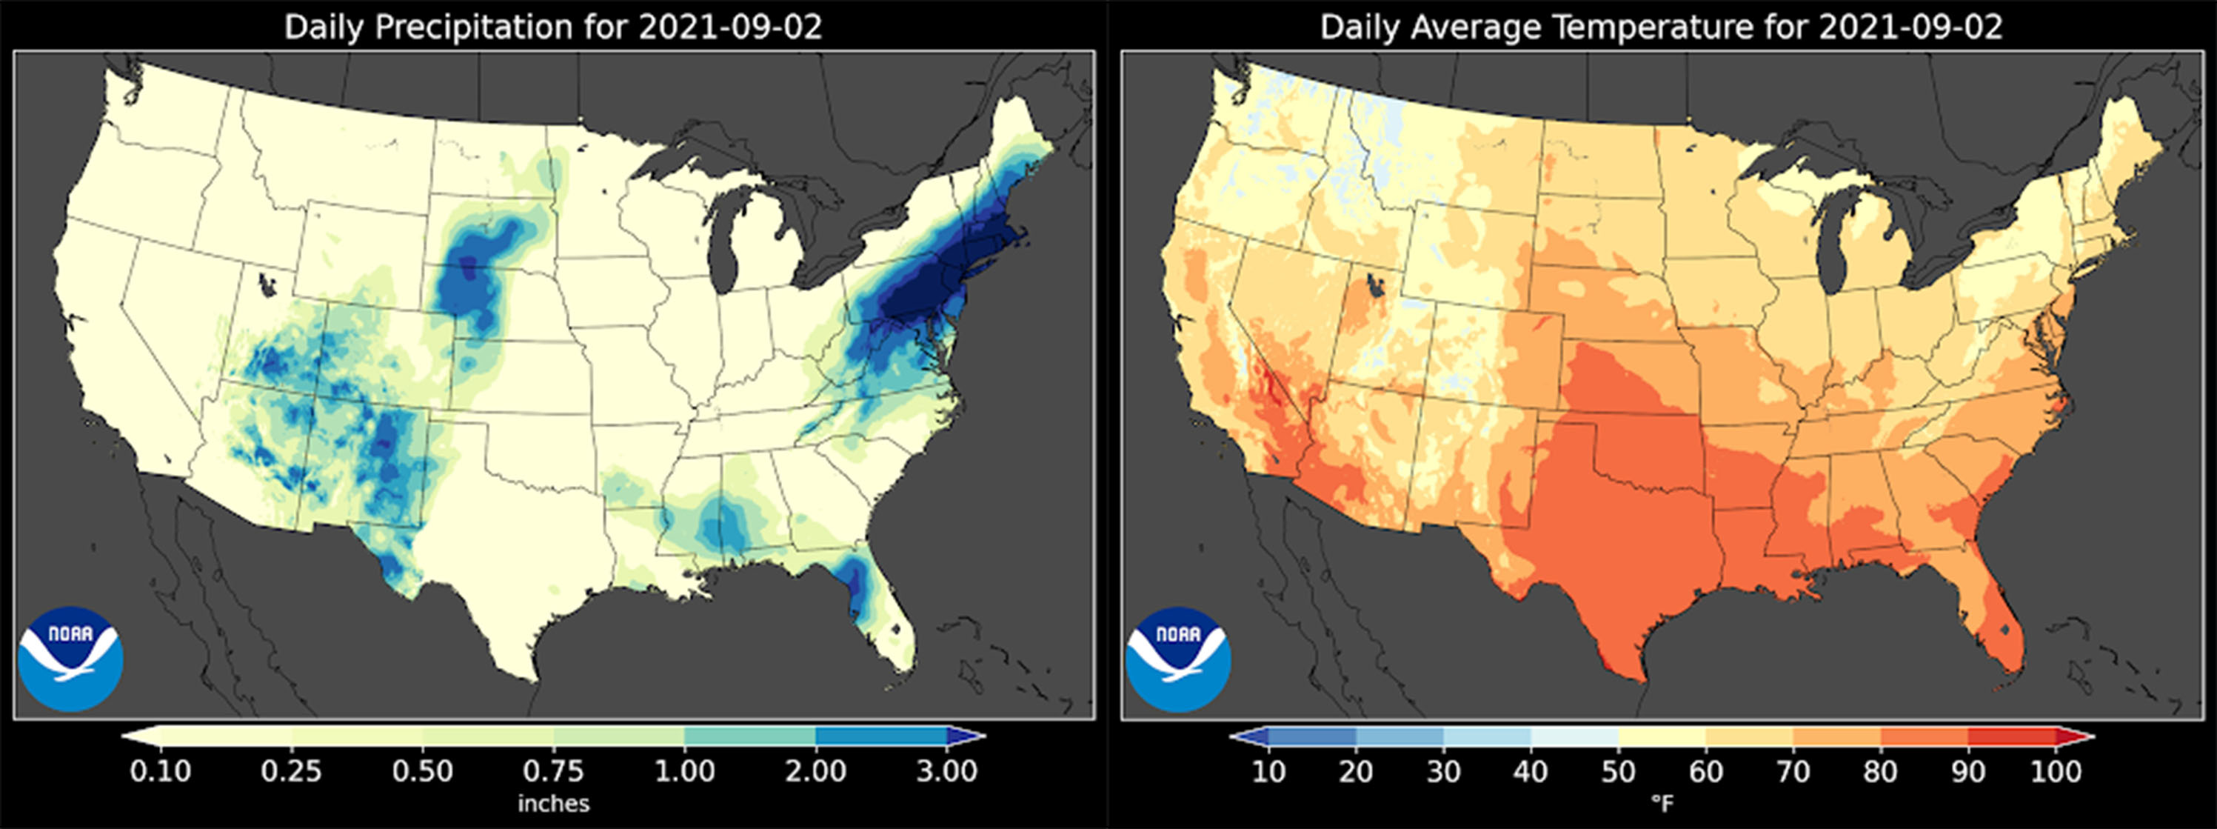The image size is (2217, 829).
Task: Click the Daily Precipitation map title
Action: point(552,27)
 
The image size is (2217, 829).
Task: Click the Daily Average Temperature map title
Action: point(1661,27)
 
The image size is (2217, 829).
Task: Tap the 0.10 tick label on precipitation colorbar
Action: point(160,770)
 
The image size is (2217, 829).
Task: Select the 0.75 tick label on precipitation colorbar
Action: point(553,770)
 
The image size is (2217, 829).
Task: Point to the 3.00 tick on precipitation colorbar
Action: point(946,770)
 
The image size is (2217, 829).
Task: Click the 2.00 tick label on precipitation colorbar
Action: point(816,770)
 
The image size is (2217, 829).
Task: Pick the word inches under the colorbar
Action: point(553,804)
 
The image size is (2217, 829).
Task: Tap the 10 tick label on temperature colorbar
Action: point(1268,770)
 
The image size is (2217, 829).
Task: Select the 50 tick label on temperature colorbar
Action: point(1618,770)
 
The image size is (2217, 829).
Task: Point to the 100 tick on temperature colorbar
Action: point(2056,770)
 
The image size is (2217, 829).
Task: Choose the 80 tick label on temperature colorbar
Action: point(1881,770)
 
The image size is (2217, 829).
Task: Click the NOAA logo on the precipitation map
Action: point(70,659)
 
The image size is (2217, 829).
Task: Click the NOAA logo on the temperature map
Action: point(1178,659)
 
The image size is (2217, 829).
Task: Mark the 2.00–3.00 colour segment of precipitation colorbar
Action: point(881,736)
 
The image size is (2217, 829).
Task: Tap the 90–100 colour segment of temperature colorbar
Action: point(2012,736)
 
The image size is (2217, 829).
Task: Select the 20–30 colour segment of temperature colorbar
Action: point(1400,736)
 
